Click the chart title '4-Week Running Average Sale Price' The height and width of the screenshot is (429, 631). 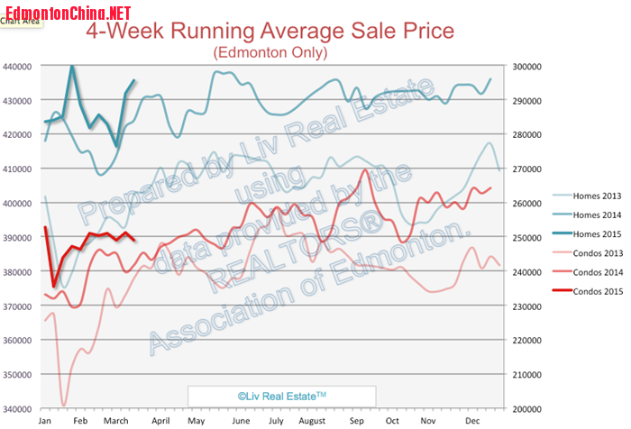270,32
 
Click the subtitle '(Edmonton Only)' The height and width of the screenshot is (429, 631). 270,53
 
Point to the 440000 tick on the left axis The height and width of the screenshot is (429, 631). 19,67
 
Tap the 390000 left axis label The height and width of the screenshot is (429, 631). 19,238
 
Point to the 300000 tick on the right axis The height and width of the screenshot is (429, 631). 524,67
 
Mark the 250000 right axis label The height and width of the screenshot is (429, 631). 524,238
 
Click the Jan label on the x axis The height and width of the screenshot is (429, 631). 45,421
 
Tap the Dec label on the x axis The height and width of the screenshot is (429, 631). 471,421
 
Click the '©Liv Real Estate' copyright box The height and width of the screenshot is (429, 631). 281,396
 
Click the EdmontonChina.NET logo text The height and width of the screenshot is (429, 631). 66,11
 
